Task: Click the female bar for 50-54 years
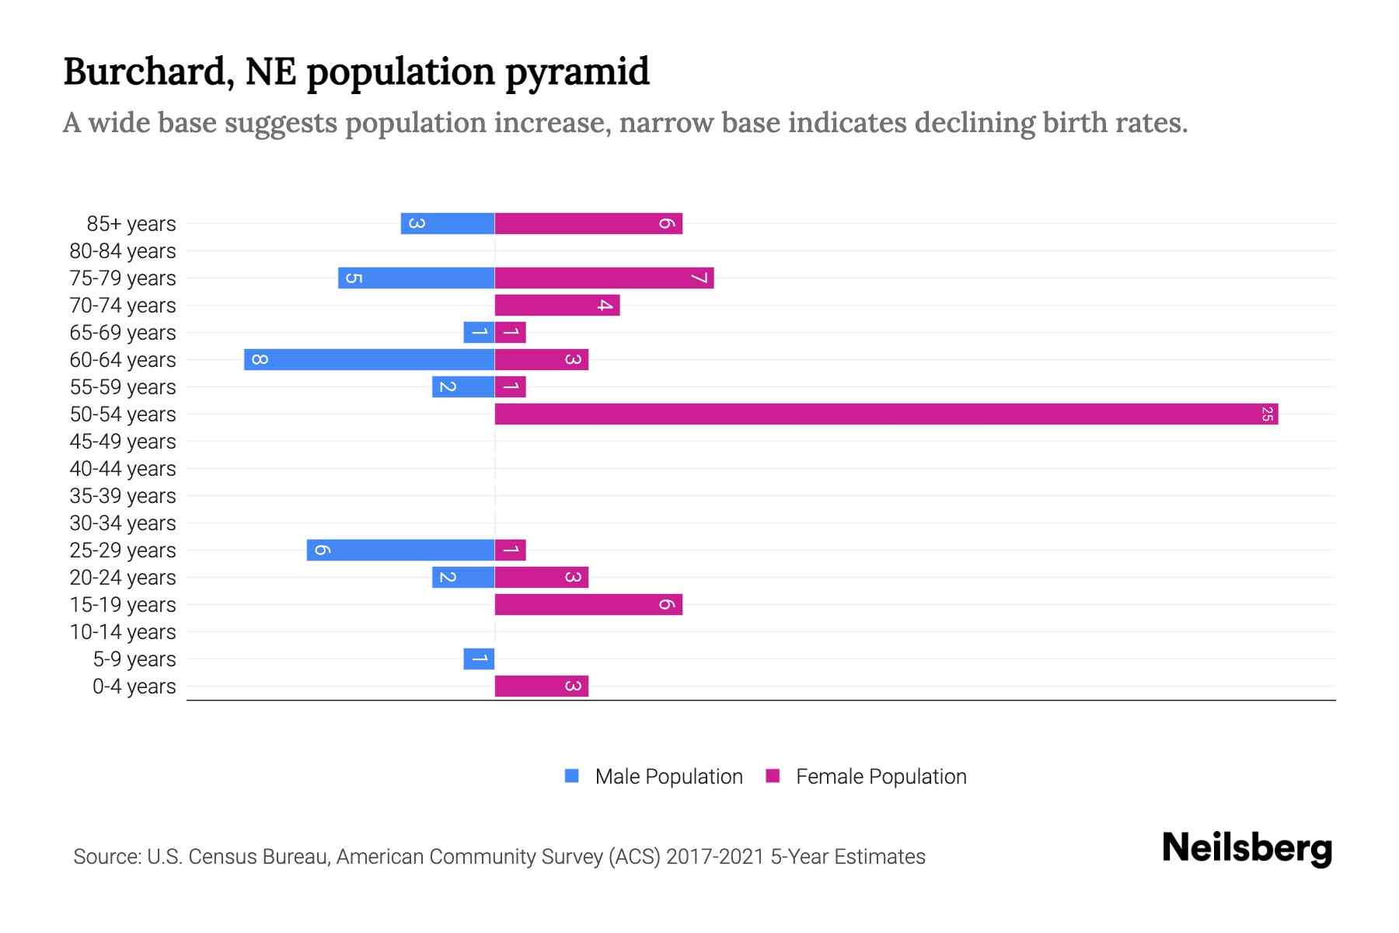click(886, 414)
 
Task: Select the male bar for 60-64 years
click(369, 360)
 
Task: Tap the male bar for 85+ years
click(448, 224)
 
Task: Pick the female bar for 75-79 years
click(604, 278)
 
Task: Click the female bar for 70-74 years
click(557, 306)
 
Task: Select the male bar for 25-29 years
click(400, 550)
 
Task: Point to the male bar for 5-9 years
click(479, 659)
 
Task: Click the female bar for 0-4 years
click(542, 687)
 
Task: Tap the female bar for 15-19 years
click(588, 605)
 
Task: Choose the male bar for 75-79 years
click(416, 278)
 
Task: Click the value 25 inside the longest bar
click(1267, 414)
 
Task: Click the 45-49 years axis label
click(123, 442)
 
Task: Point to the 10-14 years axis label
click(123, 632)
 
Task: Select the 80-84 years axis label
click(123, 251)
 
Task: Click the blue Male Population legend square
click(572, 776)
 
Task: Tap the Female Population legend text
click(881, 777)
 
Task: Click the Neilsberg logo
click(1247, 848)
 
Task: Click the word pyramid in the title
click(577, 72)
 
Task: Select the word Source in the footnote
click(106, 857)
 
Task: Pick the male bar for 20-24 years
click(463, 578)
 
